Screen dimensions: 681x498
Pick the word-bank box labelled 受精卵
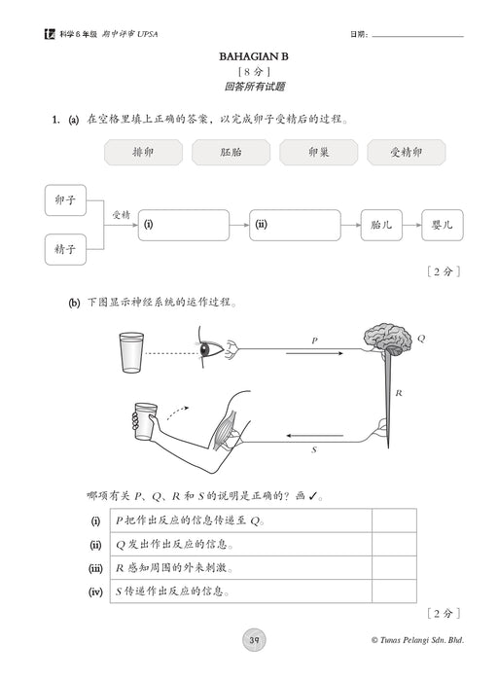pos(407,152)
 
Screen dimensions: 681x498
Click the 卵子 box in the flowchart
pos(65,199)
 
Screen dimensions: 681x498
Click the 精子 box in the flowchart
pos(65,249)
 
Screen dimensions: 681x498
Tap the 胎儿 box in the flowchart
pos(381,225)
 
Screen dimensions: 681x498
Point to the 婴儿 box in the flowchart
pos(443,225)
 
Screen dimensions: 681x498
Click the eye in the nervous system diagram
pos(209,349)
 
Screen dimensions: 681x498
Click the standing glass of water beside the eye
pos(132,353)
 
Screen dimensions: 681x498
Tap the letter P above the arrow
pos(313,340)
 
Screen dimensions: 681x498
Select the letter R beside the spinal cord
pos(400,392)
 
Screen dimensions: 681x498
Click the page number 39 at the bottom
pos(253,639)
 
